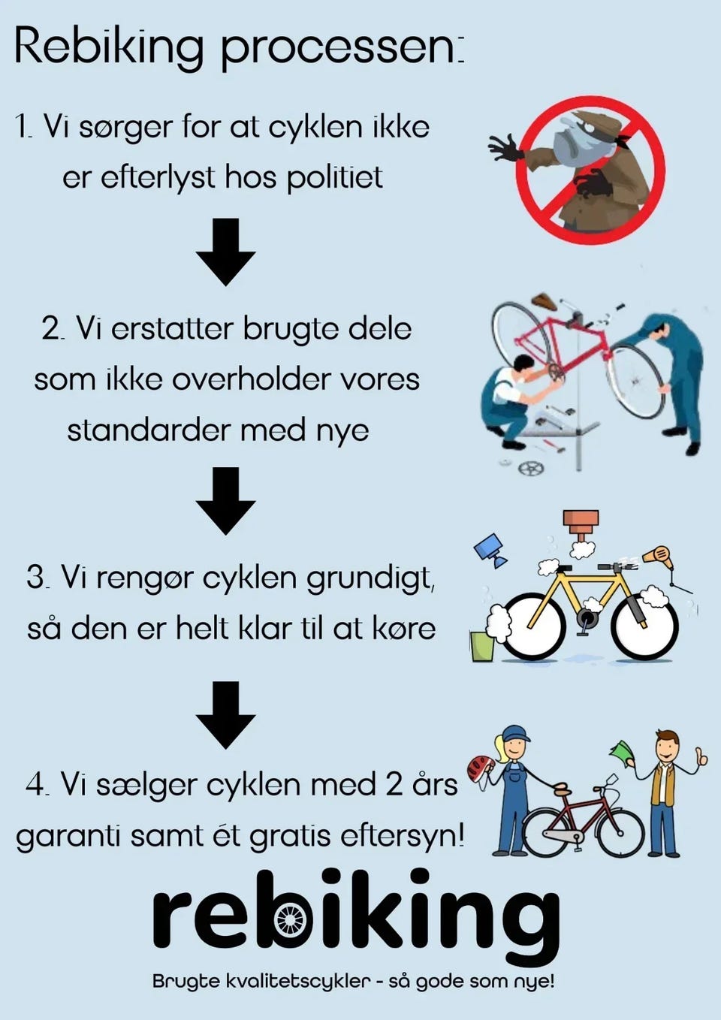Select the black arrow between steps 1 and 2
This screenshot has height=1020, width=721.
226,252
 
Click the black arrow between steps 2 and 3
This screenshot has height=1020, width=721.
226,501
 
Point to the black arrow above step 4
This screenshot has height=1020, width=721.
226,715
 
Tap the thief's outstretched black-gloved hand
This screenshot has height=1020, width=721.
503,148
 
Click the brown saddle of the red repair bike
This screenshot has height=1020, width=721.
545,301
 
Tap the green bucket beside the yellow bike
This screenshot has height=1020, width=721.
482,646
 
